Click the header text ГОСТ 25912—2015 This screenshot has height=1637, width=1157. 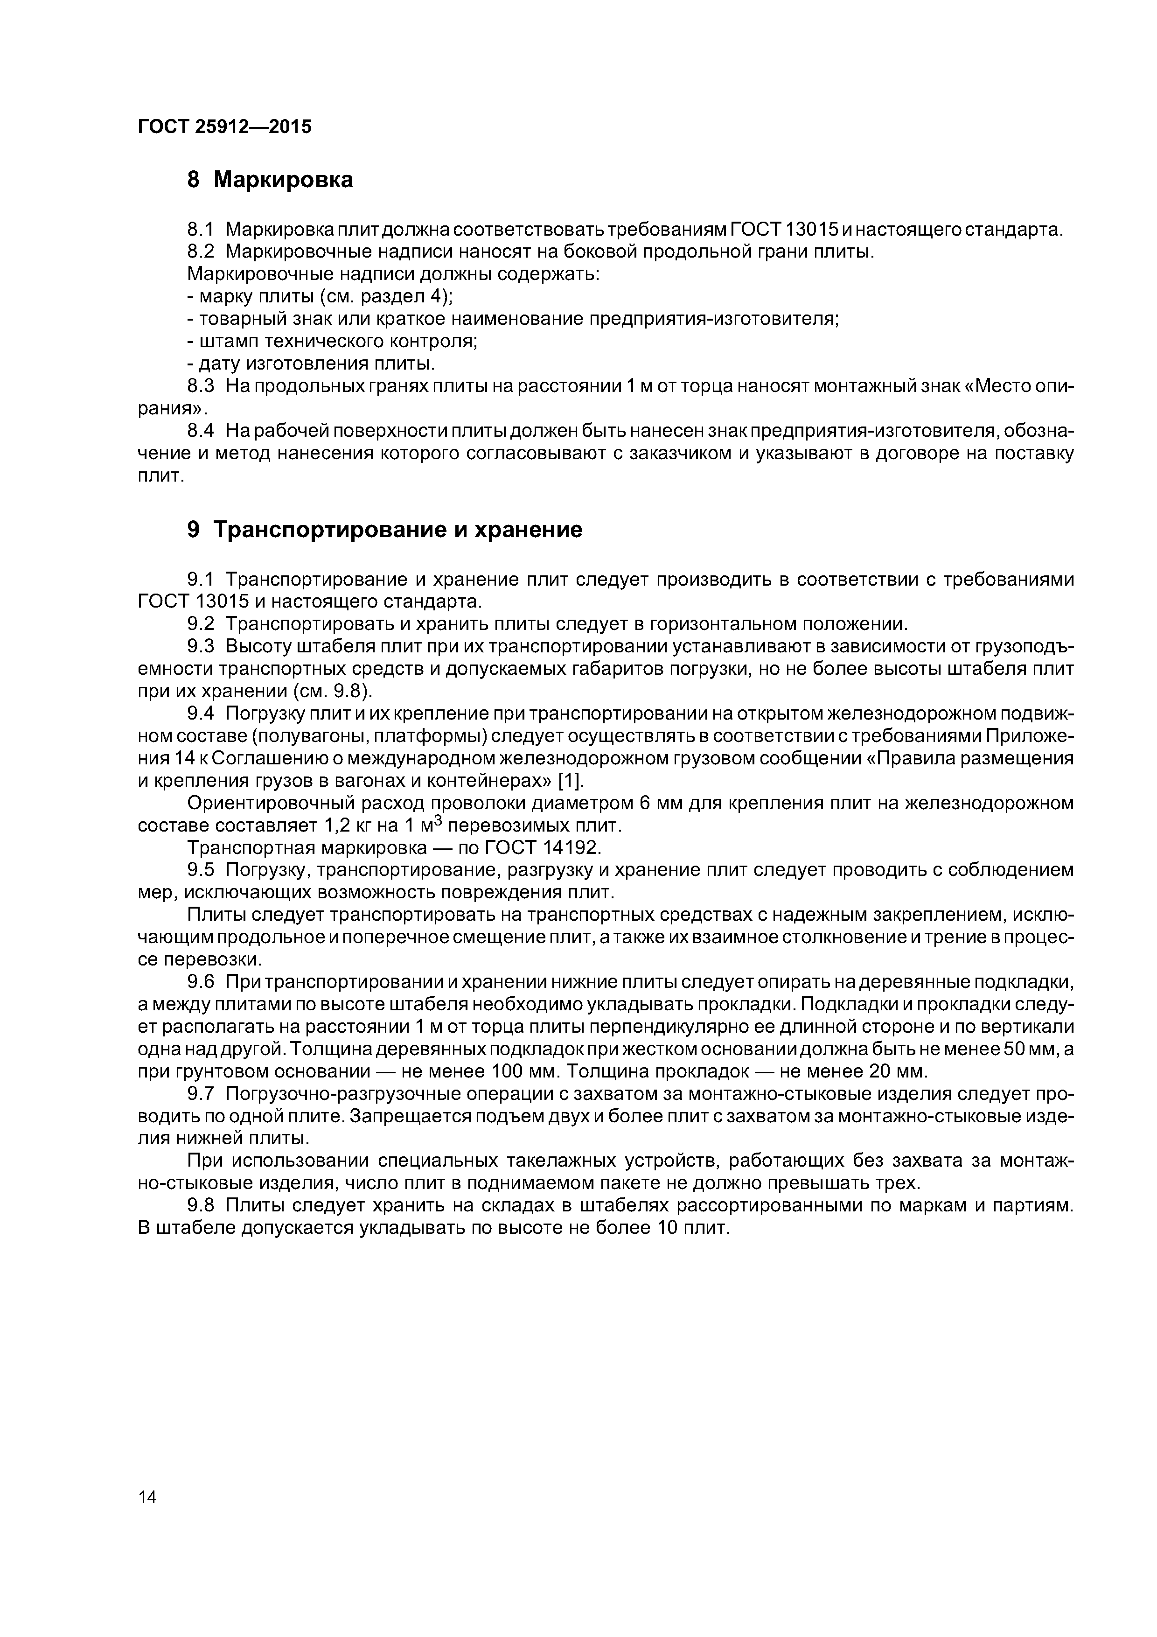(224, 127)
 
